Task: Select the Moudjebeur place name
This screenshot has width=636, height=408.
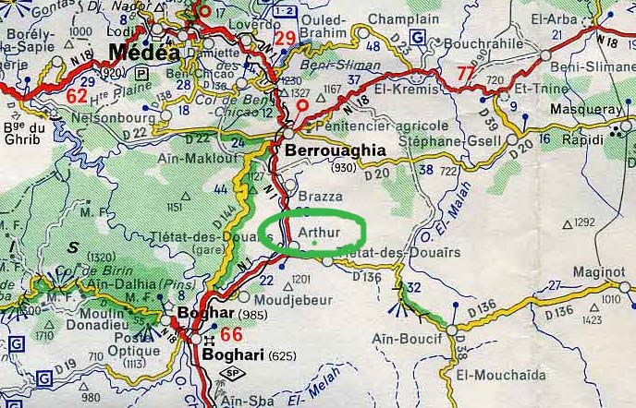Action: tap(288, 297)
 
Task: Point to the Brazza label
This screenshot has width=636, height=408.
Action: tap(322, 197)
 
